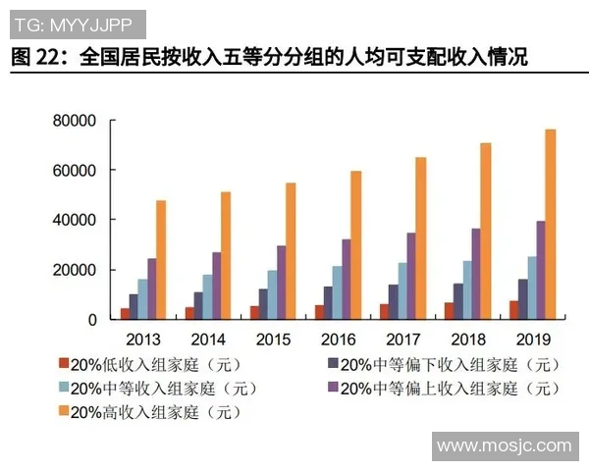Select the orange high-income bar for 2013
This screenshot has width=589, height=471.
click(160, 260)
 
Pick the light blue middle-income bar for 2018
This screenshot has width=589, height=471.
click(468, 289)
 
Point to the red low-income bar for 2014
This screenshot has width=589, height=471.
click(189, 313)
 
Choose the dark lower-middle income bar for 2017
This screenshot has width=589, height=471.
click(393, 302)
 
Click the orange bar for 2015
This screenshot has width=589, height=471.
click(291, 251)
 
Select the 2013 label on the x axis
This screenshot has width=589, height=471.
click(143, 340)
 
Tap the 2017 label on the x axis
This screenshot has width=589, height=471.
click(402, 340)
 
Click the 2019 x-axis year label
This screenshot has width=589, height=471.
click(532, 340)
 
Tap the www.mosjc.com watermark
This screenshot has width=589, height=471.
click(504, 446)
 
